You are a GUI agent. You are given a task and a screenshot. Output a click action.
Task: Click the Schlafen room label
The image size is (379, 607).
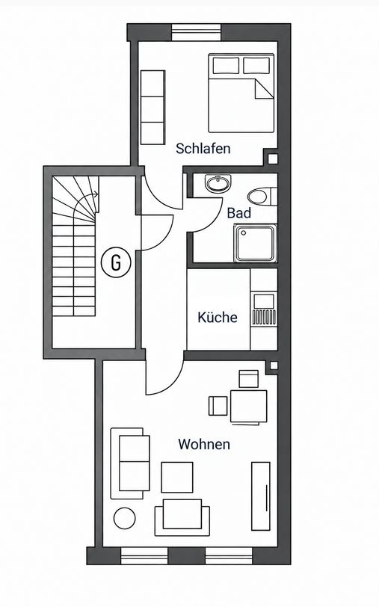point(203,148)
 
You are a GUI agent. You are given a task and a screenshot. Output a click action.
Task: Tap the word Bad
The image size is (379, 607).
point(239,213)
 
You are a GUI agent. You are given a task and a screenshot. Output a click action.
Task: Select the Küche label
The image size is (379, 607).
point(218,317)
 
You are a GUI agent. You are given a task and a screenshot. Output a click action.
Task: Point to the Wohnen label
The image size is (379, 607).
point(204,444)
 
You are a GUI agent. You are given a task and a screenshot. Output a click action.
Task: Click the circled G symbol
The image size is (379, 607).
point(116,263)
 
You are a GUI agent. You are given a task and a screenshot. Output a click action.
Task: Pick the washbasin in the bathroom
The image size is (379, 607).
point(218,183)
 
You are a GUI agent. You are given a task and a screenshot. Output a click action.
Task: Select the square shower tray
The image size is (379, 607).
point(255,243)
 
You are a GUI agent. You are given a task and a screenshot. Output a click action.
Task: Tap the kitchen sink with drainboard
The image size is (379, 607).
point(264,309)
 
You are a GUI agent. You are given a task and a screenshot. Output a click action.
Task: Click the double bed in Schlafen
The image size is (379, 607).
point(241,93)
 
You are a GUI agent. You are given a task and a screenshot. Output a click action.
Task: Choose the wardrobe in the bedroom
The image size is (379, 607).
point(153,107)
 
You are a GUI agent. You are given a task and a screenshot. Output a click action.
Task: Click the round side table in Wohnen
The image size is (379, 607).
point(125,518)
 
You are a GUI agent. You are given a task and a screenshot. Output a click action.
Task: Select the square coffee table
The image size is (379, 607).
point(177,478)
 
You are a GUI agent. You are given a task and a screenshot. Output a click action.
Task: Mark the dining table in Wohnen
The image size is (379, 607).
point(249,407)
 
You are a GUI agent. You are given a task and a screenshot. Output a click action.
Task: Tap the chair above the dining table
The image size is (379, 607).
point(248,379)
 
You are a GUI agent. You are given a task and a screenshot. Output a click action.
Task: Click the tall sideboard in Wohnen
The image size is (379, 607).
point(261,496)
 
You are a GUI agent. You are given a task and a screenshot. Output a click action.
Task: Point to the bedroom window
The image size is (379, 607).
point(197,32)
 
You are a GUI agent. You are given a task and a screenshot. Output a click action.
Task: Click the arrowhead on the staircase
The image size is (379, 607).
point(96,194)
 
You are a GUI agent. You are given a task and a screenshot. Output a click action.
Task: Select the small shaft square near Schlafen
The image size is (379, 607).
point(273,158)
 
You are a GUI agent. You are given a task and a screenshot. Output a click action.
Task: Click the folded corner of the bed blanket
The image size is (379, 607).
point(264,88)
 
